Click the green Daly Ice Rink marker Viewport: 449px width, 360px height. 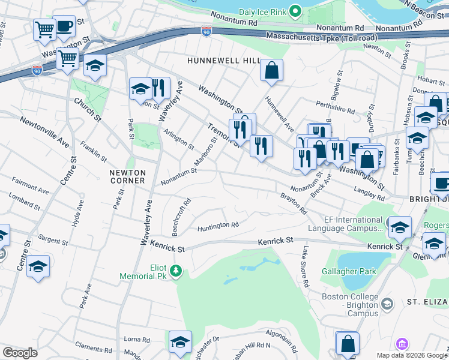coord(295,11)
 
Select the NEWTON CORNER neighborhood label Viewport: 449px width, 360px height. coord(127,176)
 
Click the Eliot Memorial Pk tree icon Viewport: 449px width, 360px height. coord(176,272)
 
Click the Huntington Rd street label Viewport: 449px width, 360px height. coord(218,226)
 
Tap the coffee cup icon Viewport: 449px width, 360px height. coord(64,26)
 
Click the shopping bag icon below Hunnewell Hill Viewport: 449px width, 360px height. coord(272,70)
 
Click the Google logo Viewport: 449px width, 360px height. coord(19,353)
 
